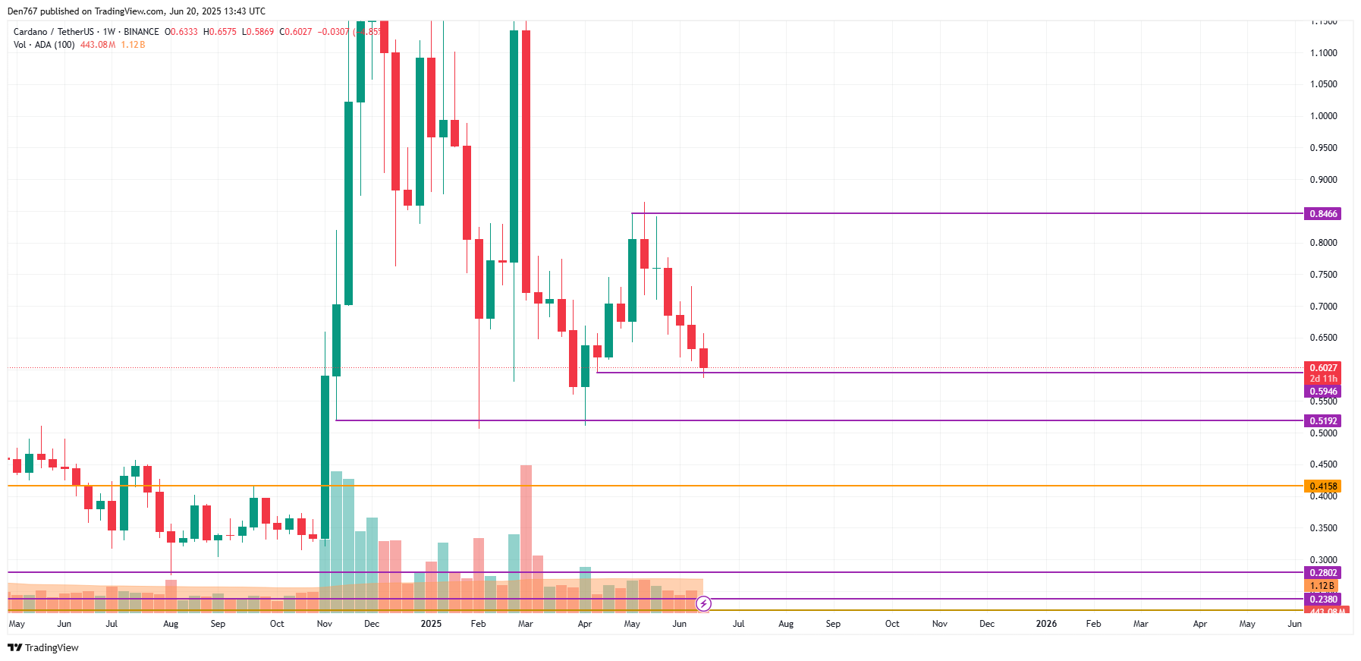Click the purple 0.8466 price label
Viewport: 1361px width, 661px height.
pyautogui.click(x=1322, y=214)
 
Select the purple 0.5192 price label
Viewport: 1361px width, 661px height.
pyautogui.click(x=1322, y=421)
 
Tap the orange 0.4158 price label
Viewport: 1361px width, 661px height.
pyautogui.click(x=1322, y=486)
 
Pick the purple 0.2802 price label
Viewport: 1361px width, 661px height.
pyautogui.click(x=1322, y=573)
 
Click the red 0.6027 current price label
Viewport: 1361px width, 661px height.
pyautogui.click(x=1322, y=368)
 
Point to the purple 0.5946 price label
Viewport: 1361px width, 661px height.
pyautogui.click(x=1322, y=392)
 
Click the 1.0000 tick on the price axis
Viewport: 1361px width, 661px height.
pyautogui.click(x=1323, y=116)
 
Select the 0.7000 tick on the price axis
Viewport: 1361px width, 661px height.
pyautogui.click(x=1323, y=307)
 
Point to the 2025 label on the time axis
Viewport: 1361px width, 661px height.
pyautogui.click(x=431, y=624)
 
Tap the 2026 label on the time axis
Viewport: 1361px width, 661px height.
pyautogui.click(x=1046, y=624)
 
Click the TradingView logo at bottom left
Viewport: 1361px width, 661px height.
pyautogui.click(x=43, y=648)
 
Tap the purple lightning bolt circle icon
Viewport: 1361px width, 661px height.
pyautogui.click(x=704, y=604)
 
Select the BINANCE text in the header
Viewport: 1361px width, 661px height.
pyautogui.click(x=142, y=32)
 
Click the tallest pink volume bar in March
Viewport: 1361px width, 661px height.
pyautogui.click(x=526, y=531)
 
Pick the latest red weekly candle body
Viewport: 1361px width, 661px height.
pyautogui.click(x=703, y=358)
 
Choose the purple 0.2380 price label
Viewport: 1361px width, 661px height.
pyautogui.click(x=1322, y=600)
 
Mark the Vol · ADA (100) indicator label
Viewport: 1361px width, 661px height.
pyautogui.click(x=44, y=45)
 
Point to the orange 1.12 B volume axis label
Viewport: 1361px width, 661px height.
pyautogui.click(x=1322, y=586)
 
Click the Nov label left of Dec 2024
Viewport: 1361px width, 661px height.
pyautogui.click(x=324, y=624)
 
